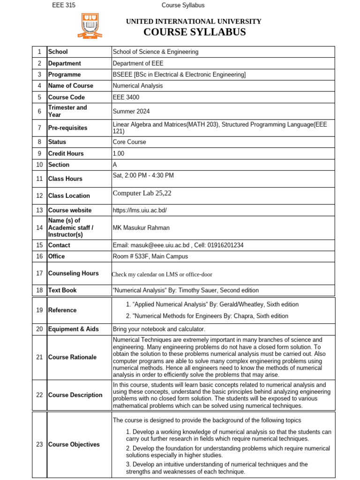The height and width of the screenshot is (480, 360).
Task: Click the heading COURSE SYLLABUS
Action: coord(194,32)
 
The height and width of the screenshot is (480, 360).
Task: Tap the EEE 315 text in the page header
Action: coord(63,5)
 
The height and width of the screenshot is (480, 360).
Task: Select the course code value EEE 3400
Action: coord(126,97)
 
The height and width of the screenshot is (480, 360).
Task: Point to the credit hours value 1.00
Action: coord(119,153)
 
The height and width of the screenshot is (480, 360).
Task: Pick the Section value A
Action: coord(115,165)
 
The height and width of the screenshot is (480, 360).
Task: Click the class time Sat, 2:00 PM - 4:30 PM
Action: coord(143,175)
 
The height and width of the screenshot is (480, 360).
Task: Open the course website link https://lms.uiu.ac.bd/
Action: coord(140,210)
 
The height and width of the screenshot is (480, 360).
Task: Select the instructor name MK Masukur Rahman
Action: coord(141,228)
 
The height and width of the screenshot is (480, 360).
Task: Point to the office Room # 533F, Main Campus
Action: coord(150,256)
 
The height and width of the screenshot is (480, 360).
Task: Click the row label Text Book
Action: coord(62,290)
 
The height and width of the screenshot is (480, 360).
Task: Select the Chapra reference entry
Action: coord(207,316)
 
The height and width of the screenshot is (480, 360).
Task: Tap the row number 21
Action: coord(39,357)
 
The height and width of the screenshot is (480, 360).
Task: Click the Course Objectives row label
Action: coord(74,444)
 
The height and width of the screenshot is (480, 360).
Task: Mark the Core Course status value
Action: coord(129,142)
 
